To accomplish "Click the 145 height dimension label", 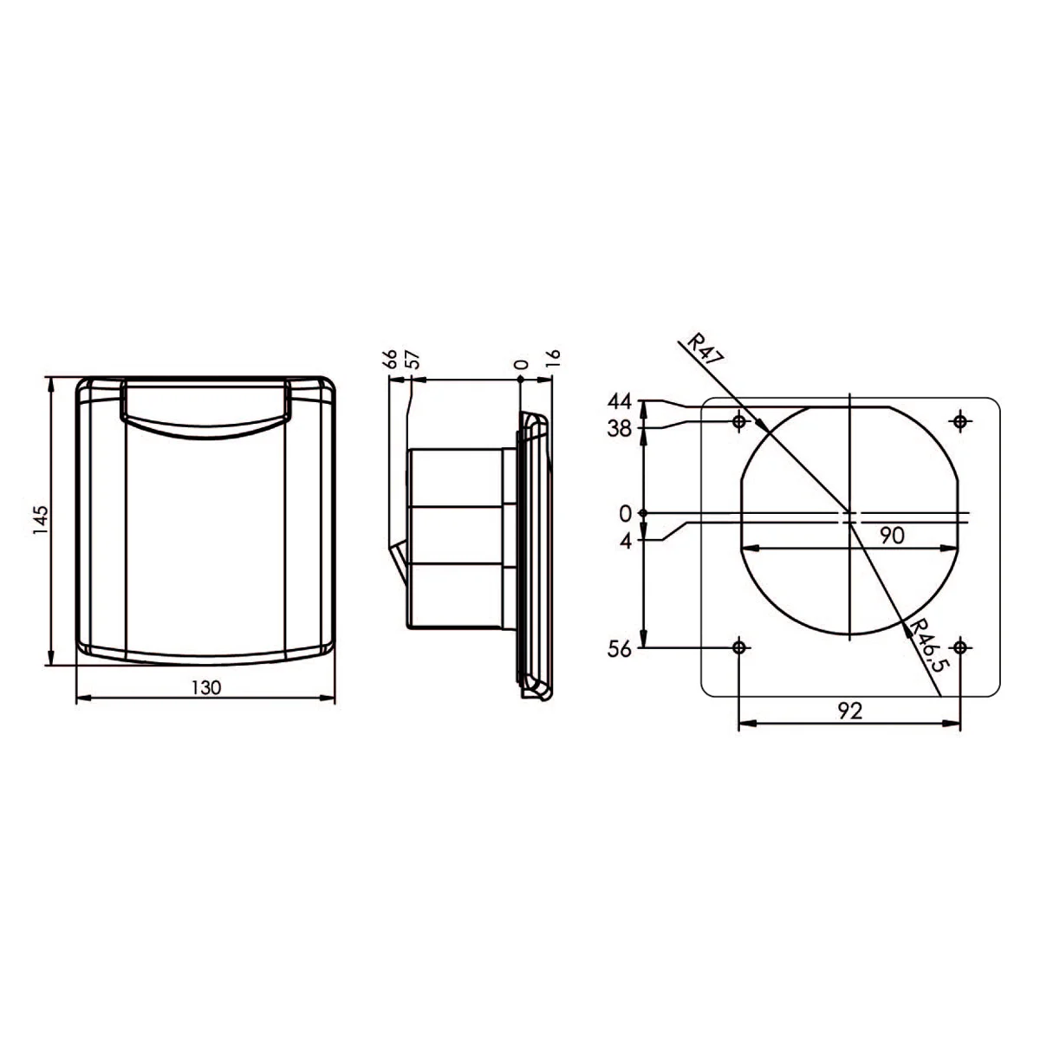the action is (x=41, y=520).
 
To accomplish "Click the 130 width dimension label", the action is (x=206, y=687).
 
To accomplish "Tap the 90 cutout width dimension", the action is (x=892, y=536).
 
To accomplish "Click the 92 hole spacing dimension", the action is (x=850, y=711).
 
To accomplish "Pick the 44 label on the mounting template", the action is (x=619, y=401).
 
